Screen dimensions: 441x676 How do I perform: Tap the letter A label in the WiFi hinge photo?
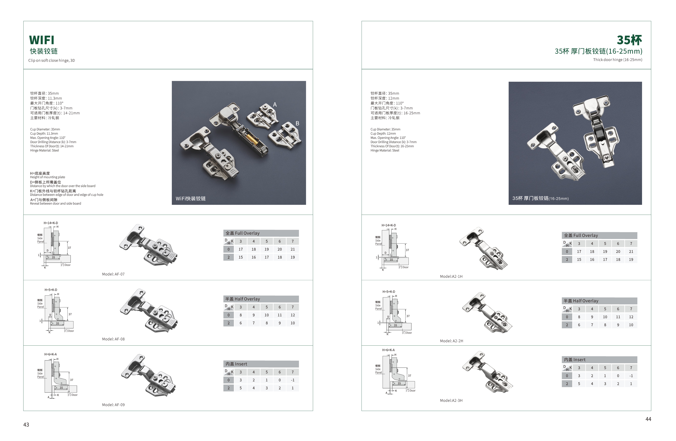pyautogui.click(x=275, y=105)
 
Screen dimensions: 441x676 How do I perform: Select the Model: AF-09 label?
pyautogui.click(x=113, y=405)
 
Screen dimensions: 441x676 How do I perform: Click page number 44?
pyautogui.click(x=648, y=419)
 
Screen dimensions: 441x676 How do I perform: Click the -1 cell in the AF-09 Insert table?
pyautogui.click(x=293, y=380)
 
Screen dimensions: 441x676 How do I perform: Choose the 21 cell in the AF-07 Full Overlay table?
pyautogui.click(x=293, y=249)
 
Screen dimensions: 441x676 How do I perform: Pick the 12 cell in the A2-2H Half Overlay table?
pyautogui.click(x=631, y=317)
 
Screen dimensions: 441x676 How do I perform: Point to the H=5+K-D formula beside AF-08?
pyautogui.click(x=51, y=290)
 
